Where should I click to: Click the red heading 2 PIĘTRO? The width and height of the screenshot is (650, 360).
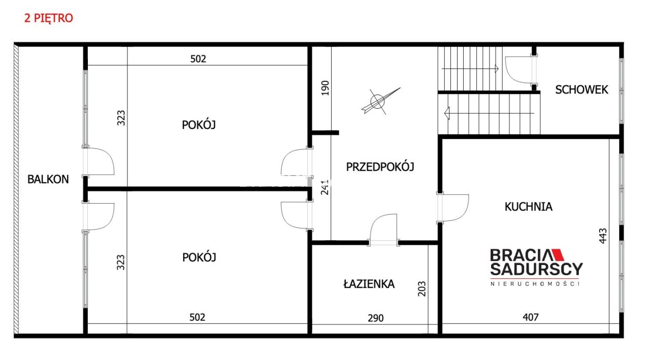(48, 18)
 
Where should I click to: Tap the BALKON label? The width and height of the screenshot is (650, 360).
(48, 179)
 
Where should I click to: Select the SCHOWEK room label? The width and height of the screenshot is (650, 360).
(581, 90)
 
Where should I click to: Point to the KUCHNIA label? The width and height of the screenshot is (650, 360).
(529, 207)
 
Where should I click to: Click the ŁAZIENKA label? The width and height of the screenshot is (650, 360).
(369, 284)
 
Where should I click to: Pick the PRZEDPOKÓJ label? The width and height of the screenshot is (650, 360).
(380, 167)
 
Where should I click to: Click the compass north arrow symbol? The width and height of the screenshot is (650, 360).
(380, 101)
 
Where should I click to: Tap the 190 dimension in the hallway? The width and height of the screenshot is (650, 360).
(326, 88)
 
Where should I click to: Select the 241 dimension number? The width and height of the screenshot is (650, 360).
(325, 187)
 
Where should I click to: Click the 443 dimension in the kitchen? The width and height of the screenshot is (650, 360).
(603, 236)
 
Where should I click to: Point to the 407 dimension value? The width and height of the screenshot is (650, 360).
(531, 317)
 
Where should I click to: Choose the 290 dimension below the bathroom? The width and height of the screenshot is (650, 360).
(375, 318)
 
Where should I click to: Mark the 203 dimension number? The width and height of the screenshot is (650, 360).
(421, 288)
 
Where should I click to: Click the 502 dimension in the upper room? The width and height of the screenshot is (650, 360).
(198, 59)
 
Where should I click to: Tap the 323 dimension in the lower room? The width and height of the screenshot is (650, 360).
(121, 262)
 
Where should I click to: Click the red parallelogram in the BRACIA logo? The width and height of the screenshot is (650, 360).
(558, 254)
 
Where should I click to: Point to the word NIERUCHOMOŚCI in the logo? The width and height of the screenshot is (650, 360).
(535, 283)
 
